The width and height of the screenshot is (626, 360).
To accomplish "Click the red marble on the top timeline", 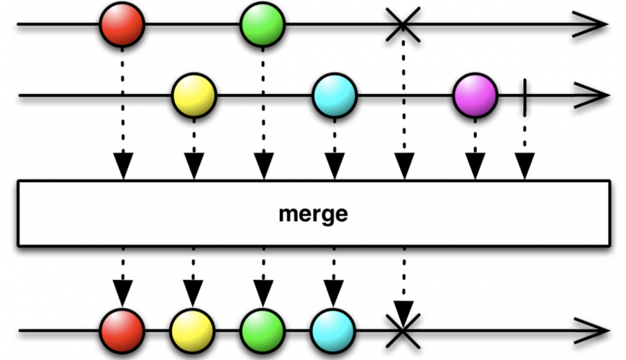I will (x=123, y=24).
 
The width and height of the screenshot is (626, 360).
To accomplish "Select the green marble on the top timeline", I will (x=263, y=24).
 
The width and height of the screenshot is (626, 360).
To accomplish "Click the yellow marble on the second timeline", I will (x=194, y=96).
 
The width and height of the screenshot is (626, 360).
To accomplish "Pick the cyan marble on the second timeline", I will (x=334, y=96).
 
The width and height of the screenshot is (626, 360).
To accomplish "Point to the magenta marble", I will (x=475, y=96).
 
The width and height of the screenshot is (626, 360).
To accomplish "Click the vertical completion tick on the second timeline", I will (x=524, y=96).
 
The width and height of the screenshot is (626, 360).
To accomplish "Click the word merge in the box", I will (x=313, y=214).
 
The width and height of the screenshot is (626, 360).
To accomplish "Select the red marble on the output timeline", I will (x=123, y=329).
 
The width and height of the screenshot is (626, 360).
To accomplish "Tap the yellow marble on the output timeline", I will (x=192, y=329).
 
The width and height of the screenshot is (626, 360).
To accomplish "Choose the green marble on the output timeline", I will (x=263, y=329).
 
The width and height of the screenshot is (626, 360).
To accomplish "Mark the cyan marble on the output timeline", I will (x=333, y=329).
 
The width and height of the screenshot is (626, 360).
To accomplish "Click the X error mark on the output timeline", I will (x=403, y=329).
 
